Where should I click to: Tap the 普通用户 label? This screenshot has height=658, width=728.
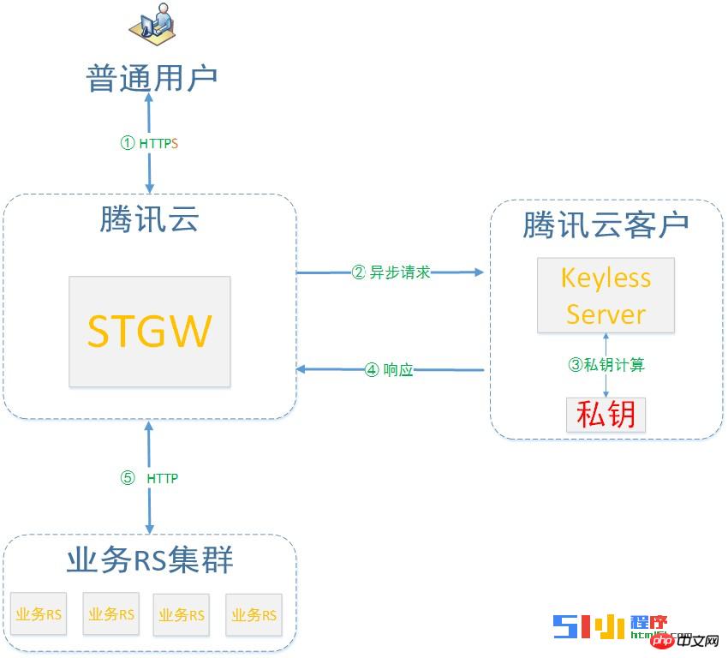tap(152, 78)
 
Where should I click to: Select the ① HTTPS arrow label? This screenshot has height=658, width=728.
tap(150, 143)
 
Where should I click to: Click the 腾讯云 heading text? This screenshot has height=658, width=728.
tap(150, 220)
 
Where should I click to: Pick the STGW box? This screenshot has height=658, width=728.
tap(150, 331)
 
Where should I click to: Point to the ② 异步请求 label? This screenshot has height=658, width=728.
tap(391, 272)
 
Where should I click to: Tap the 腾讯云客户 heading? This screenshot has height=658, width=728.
tap(606, 225)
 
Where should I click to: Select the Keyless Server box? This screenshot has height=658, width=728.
tap(606, 296)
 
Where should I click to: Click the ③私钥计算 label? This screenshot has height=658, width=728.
tap(606, 364)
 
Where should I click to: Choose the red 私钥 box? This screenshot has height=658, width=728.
tap(606, 415)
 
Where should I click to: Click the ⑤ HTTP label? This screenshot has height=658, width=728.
tap(151, 478)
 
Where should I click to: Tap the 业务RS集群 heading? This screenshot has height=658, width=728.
tap(150, 561)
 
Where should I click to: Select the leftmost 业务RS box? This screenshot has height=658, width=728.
tap(39, 614)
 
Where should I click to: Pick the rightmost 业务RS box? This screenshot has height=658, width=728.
tap(254, 614)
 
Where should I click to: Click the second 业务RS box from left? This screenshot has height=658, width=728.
tap(110, 614)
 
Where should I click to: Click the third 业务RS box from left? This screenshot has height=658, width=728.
tap(182, 614)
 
